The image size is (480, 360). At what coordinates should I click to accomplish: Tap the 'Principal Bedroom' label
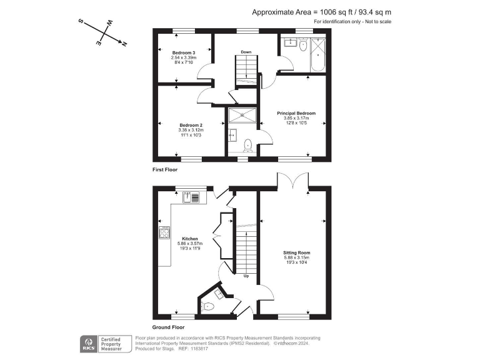296,113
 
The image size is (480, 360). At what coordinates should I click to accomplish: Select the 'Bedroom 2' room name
191,124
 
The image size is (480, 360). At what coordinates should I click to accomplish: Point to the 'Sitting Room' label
296,252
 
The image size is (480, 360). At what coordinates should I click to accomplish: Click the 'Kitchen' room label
190,238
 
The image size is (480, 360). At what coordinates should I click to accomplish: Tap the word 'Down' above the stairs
246,52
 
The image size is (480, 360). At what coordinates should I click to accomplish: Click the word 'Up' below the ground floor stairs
247,275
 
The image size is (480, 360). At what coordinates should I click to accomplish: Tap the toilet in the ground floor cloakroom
208,306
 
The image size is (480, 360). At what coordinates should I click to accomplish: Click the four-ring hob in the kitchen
164,233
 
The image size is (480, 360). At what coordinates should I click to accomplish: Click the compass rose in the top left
103,32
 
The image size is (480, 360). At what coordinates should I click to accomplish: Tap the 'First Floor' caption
166,169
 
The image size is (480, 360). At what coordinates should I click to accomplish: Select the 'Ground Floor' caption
168,327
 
